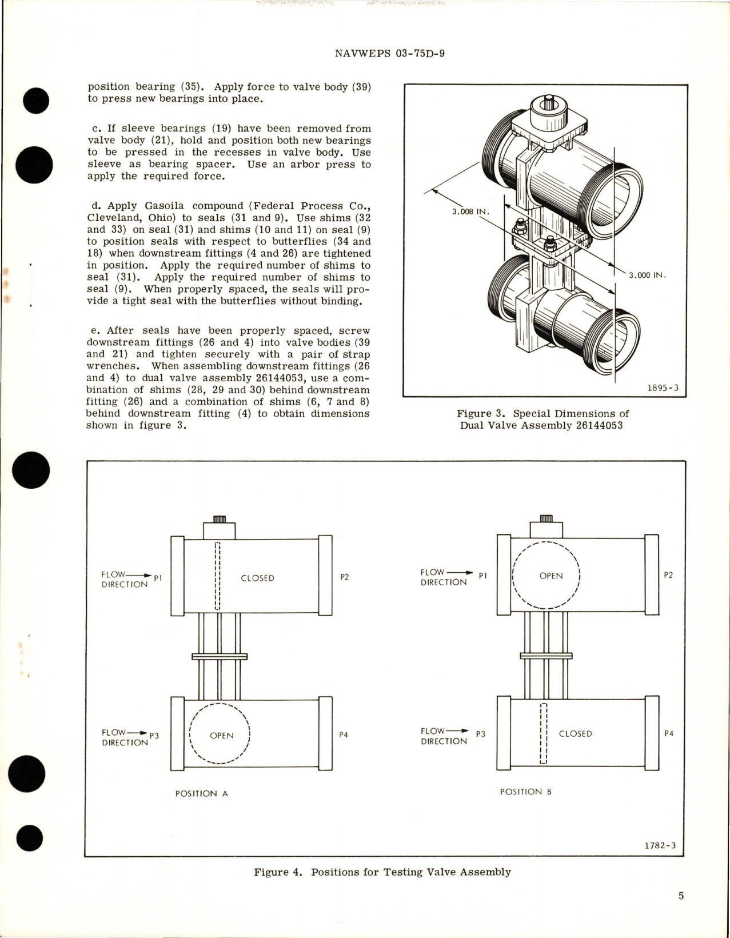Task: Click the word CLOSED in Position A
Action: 257,578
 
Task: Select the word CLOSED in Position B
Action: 575,733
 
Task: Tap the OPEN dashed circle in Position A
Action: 221,735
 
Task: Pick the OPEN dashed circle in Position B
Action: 546,575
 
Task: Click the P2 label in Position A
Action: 344,577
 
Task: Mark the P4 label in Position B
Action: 668,733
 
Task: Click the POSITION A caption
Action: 201,793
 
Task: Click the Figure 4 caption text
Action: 382,872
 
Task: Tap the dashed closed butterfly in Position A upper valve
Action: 217,576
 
